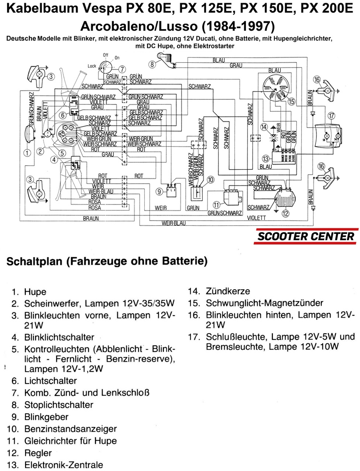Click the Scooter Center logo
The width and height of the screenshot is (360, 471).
(x=305, y=236)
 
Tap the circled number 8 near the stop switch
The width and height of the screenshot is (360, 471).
(x=152, y=64)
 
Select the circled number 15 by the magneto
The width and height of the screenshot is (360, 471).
(x=291, y=101)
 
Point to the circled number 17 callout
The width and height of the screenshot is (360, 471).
(x=331, y=115)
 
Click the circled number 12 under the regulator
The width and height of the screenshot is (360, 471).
(x=285, y=214)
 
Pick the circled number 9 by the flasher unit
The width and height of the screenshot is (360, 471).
(x=159, y=192)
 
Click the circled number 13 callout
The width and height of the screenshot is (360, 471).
(x=266, y=159)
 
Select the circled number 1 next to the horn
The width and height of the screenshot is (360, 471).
(x=26, y=153)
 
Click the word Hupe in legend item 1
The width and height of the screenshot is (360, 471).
(x=35, y=292)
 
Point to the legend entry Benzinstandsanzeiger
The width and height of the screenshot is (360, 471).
(x=70, y=429)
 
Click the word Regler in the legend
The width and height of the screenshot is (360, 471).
(x=38, y=453)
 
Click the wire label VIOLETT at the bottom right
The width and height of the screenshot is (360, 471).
(x=257, y=217)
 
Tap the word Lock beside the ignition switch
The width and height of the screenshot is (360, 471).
(x=92, y=66)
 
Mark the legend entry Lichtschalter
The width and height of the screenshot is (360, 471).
(x=51, y=381)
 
